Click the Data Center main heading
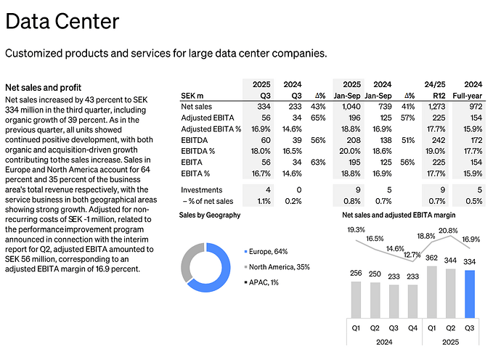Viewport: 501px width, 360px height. (x=62, y=21)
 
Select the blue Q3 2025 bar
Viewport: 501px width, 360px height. (x=470, y=294)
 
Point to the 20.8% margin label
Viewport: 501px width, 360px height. (x=449, y=231)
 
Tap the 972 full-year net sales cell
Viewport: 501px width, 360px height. (x=473, y=107)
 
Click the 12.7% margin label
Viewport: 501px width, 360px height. (x=411, y=255)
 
